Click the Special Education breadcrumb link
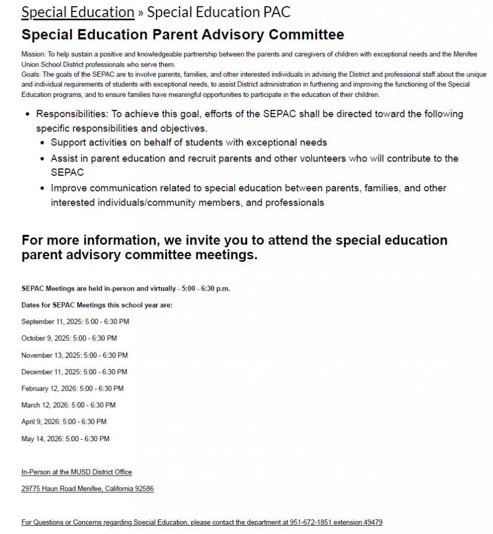click(78, 12)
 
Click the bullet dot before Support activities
click(43, 143)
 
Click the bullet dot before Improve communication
click(43, 188)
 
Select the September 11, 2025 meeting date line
click(75, 322)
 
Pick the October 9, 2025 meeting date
click(69, 338)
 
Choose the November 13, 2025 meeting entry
click(74, 355)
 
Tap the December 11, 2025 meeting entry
click(74, 372)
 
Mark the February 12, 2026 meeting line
click(73, 389)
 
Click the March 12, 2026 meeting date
click(68, 405)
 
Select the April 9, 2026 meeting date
click(64, 422)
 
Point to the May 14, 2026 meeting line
click(65, 439)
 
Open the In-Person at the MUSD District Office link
click(77, 472)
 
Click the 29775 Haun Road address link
click(87, 489)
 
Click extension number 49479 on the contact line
click(372, 522)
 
